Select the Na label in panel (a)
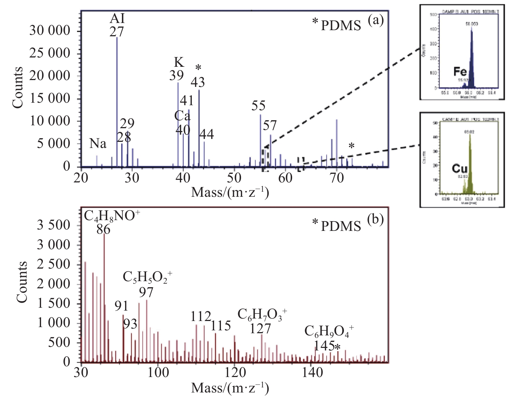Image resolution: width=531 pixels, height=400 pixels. tap(98, 144)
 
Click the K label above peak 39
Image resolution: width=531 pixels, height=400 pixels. tap(178, 62)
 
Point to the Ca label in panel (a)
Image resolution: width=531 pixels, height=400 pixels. tap(182, 116)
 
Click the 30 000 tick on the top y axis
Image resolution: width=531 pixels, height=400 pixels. tap(50, 31)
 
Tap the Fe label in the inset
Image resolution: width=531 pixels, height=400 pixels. tap(460, 71)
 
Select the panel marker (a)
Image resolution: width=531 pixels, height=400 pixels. tap(376, 20)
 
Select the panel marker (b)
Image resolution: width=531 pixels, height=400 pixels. tap(376, 219)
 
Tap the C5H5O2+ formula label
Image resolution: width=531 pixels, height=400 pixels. tap(147, 278)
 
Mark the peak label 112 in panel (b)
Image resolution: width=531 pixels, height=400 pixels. tap(201, 316)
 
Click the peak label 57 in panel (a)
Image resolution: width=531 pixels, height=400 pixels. tap(270, 125)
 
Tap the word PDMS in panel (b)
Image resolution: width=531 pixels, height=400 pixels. tap(341, 226)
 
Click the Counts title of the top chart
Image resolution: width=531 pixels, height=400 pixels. tap(18, 87)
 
